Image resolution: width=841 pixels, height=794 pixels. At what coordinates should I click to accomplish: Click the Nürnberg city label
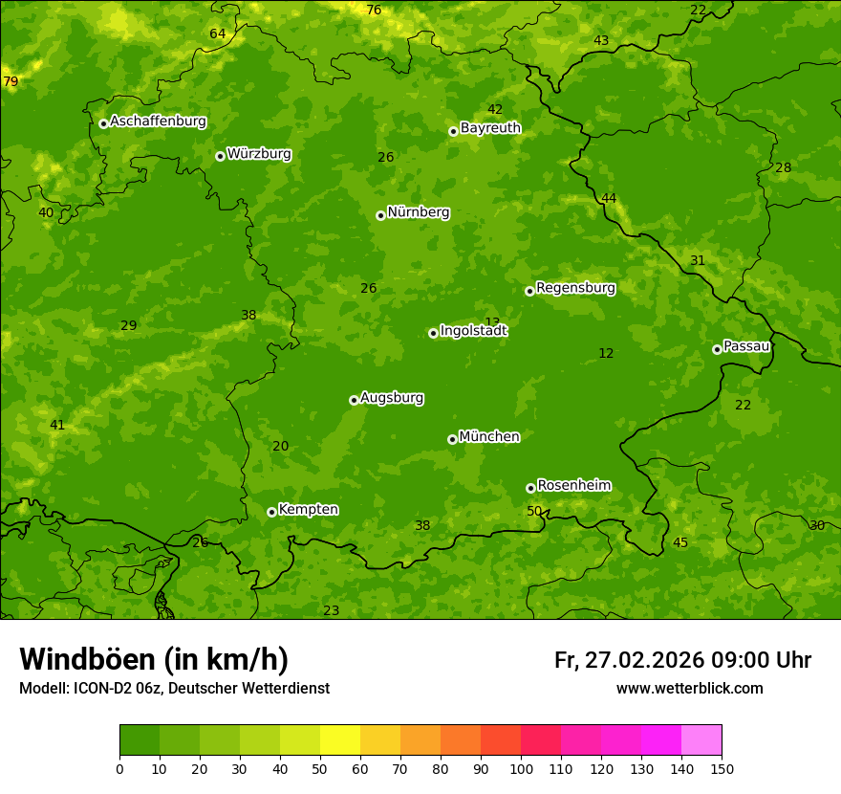[418, 212]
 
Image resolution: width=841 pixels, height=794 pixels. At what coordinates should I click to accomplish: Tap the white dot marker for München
[452, 439]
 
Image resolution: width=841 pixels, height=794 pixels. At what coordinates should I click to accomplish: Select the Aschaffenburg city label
[158, 121]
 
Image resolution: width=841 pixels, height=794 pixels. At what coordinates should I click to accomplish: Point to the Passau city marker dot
[717, 349]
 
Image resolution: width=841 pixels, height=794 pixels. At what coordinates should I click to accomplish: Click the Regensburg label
[575, 288]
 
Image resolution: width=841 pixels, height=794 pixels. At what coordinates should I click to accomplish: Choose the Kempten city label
[308, 510]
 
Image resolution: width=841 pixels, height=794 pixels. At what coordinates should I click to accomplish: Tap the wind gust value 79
[11, 82]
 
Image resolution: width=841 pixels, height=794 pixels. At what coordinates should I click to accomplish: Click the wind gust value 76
[374, 11]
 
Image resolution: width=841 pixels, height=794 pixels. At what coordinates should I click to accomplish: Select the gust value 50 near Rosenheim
[534, 511]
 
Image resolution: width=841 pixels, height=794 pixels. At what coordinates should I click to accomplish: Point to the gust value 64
[218, 34]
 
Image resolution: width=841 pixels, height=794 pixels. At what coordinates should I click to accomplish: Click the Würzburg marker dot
[220, 156]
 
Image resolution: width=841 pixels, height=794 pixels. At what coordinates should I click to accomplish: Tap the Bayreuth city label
[490, 128]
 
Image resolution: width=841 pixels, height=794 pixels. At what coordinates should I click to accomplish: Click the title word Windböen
[87, 659]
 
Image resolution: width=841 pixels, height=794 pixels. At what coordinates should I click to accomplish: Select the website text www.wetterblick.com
[689, 689]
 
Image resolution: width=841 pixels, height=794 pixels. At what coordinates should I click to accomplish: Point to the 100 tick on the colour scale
[521, 768]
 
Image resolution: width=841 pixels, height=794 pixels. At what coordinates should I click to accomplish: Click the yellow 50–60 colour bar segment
[340, 740]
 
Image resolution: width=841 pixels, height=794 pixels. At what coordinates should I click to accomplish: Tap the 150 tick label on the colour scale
[722, 768]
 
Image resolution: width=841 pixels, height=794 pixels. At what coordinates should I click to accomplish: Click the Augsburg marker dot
[354, 400]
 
